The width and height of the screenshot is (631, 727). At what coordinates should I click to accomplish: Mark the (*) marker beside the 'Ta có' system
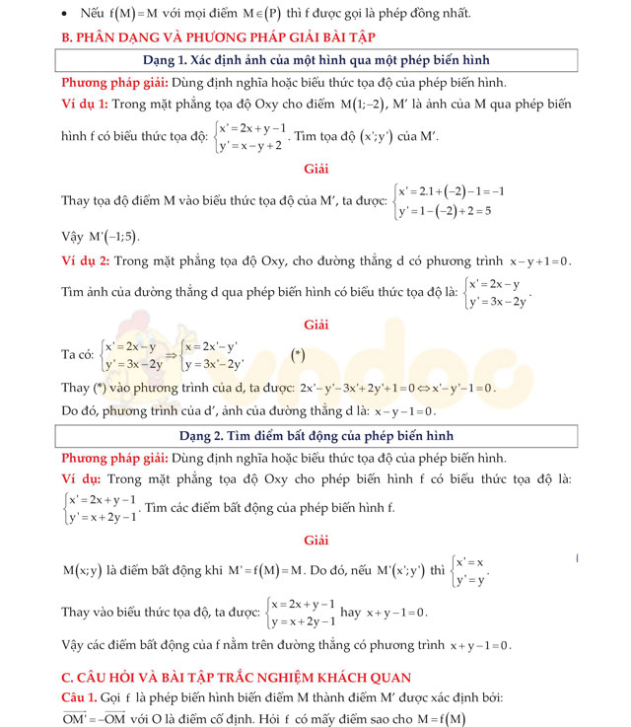298,354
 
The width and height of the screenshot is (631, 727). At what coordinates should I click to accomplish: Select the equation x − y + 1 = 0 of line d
539,261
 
